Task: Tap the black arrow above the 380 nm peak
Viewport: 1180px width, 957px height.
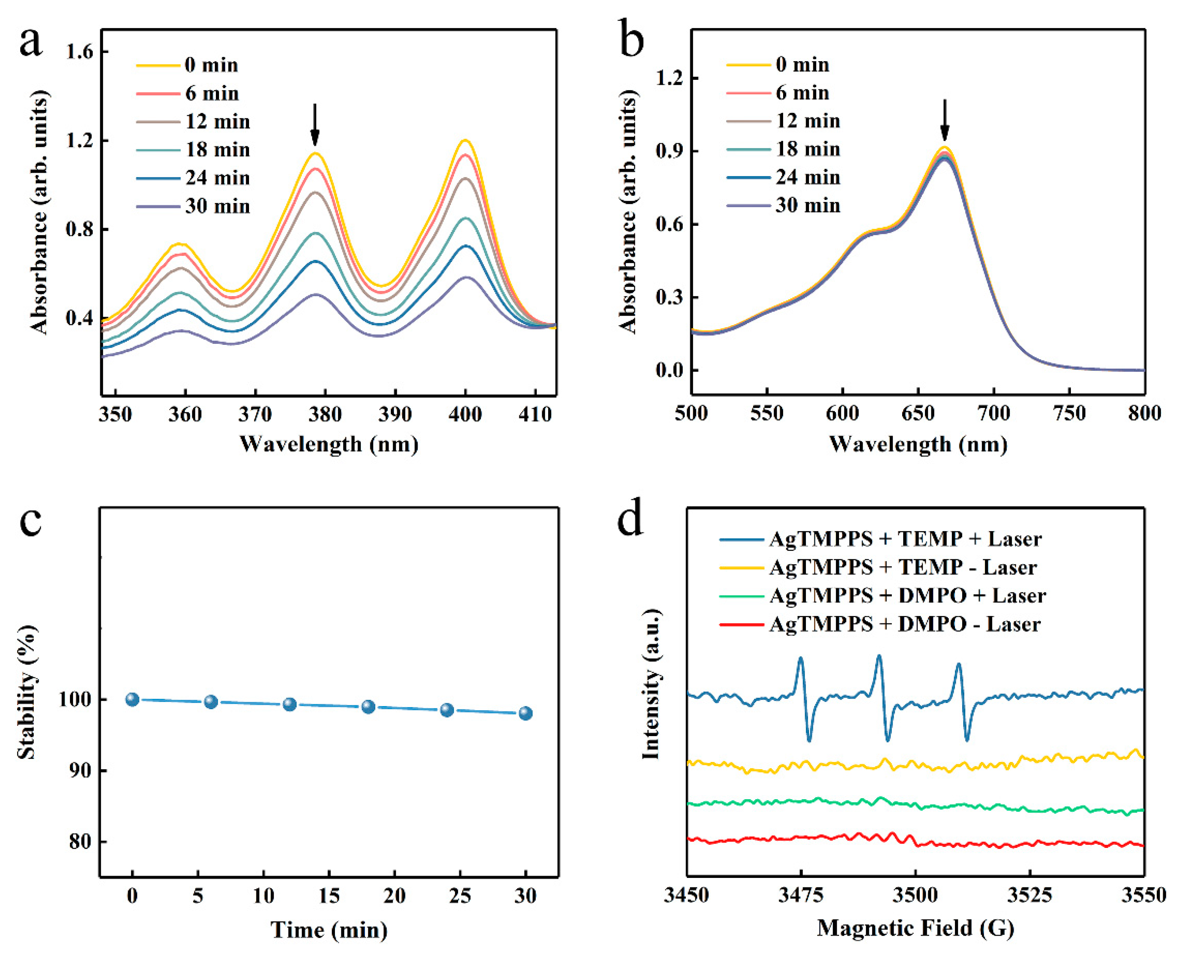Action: (x=315, y=124)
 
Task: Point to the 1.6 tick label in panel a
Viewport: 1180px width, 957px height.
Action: (x=80, y=52)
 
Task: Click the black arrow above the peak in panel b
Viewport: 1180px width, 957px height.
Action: (x=945, y=120)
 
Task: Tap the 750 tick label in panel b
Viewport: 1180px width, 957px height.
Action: (x=1069, y=413)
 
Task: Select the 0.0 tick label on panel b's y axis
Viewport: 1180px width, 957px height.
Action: (x=669, y=370)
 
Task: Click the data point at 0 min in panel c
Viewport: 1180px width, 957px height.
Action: (x=132, y=700)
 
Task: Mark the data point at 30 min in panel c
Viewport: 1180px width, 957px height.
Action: (x=526, y=713)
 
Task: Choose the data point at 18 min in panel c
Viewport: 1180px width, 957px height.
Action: (x=368, y=707)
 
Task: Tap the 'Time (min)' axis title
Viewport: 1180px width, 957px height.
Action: (x=329, y=930)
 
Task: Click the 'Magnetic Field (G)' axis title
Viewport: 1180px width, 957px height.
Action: (x=915, y=928)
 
